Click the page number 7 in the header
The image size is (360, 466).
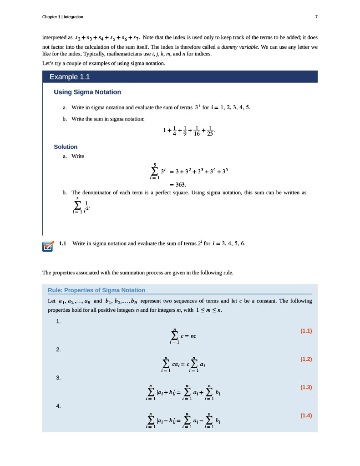coord(316,17)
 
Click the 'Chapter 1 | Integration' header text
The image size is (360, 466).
coord(62,17)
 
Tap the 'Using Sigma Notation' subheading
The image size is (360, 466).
coord(87,92)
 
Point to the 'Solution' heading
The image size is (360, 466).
coord(66,147)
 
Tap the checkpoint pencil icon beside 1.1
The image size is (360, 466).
coord(47,246)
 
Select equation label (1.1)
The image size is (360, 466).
coord(306,331)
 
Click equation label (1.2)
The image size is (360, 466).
coord(306,359)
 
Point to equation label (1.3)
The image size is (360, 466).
coord(306,387)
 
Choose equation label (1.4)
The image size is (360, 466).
coord(306,415)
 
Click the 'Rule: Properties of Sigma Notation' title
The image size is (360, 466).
coord(96,290)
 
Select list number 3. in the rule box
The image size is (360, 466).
coord(58,378)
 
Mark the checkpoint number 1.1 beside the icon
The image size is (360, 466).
coord(63,243)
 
